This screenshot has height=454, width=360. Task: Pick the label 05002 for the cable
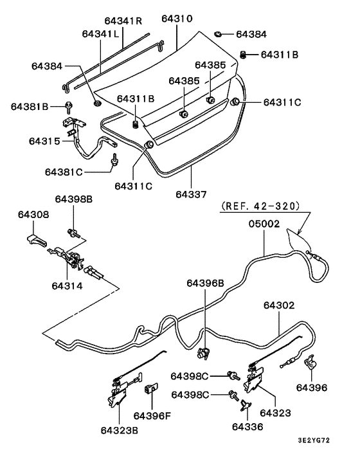click(x=264, y=224)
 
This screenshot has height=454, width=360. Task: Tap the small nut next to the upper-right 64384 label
click(x=219, y=33)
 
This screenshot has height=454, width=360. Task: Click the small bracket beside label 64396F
click(x=152, y=389)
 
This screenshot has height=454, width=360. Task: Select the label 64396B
click(x=206, y=282)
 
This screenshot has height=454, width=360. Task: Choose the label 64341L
click(x=101, y=33)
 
